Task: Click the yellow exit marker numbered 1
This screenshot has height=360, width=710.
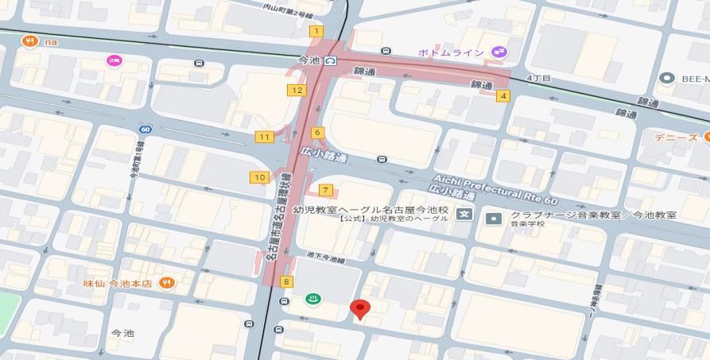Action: click(x=316, y=31)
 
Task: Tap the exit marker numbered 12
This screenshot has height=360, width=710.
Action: click(x=297, y=90)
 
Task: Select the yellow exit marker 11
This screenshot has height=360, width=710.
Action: click(x=264, y=137)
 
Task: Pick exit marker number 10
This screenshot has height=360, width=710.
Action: click(x=259, y=177)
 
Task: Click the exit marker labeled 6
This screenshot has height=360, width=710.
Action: click(x=317, y=133)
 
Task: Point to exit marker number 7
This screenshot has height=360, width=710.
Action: click(x=325, y=190)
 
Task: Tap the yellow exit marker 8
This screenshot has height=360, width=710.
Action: click(x=286, y=281)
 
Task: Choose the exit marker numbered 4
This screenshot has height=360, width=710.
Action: click(x=502, y=96)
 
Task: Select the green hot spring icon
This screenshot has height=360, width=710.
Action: click(x=312, y=300)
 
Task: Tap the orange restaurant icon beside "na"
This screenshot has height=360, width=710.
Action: click(x=30, y=41)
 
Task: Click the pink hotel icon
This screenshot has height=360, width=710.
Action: click(x=114, y=60)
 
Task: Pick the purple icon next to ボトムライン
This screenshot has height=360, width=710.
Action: click(x=499, y=52)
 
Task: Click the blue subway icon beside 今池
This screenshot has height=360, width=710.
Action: click(x=330, y=60)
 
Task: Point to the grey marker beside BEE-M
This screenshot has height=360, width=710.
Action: click(x=666, y=78)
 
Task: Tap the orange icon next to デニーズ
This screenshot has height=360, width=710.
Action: click(x=705, y=137)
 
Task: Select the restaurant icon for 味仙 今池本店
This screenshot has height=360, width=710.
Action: click(x=166, y=282)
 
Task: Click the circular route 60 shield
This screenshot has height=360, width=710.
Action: click(x=145, y=130)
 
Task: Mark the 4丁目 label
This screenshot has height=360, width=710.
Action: click(x=539, y=78)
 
